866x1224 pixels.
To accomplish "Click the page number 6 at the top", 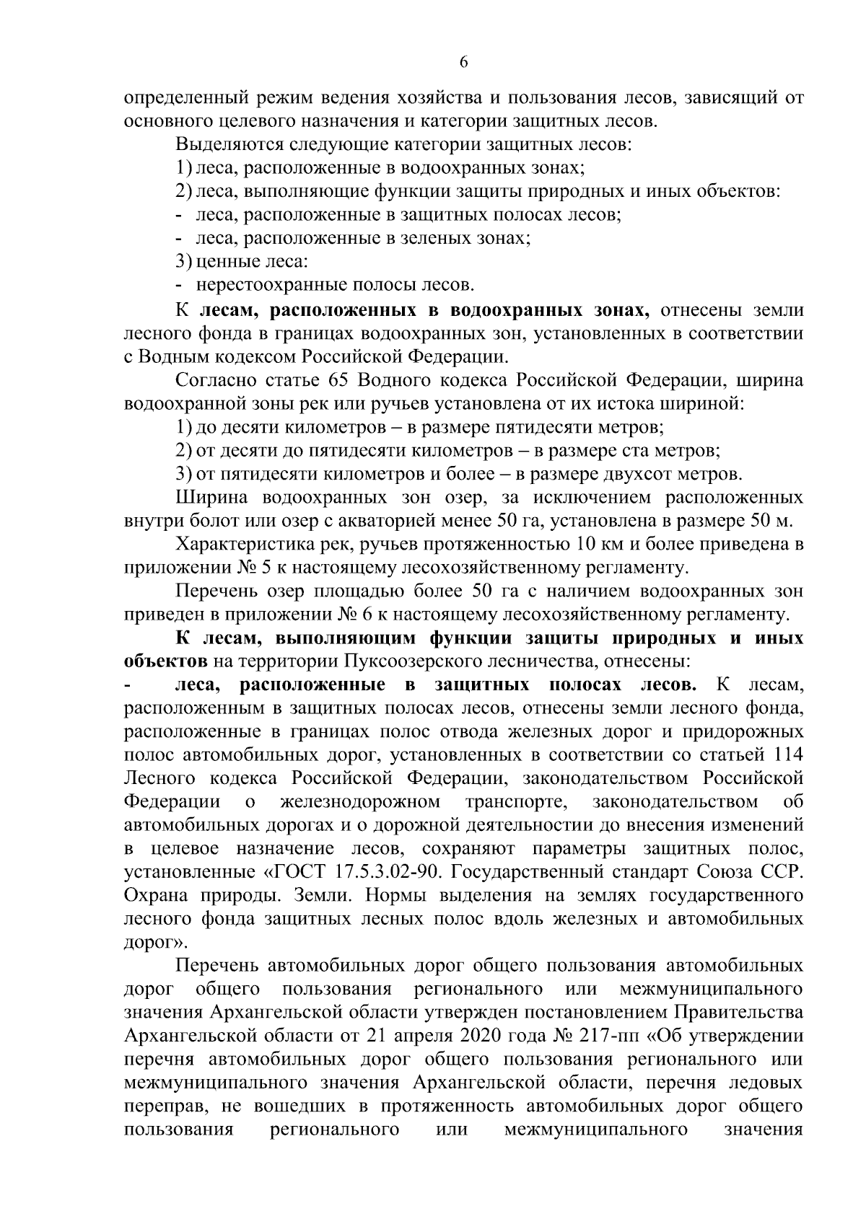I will click(x=464, y=63).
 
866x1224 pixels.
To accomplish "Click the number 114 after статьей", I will click(x=787, y=755).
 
